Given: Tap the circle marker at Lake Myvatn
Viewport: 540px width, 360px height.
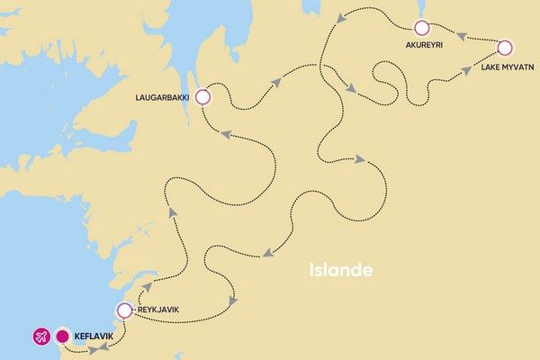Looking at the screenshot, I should tap(504, 48).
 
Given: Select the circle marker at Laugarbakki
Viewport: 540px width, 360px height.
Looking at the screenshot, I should tap(203, 97).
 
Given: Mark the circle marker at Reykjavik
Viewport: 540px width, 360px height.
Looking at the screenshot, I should tap(124, 311).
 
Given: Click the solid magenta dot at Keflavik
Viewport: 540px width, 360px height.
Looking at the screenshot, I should tap(62, 337).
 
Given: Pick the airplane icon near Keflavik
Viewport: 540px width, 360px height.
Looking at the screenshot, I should tap(40, 337).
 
